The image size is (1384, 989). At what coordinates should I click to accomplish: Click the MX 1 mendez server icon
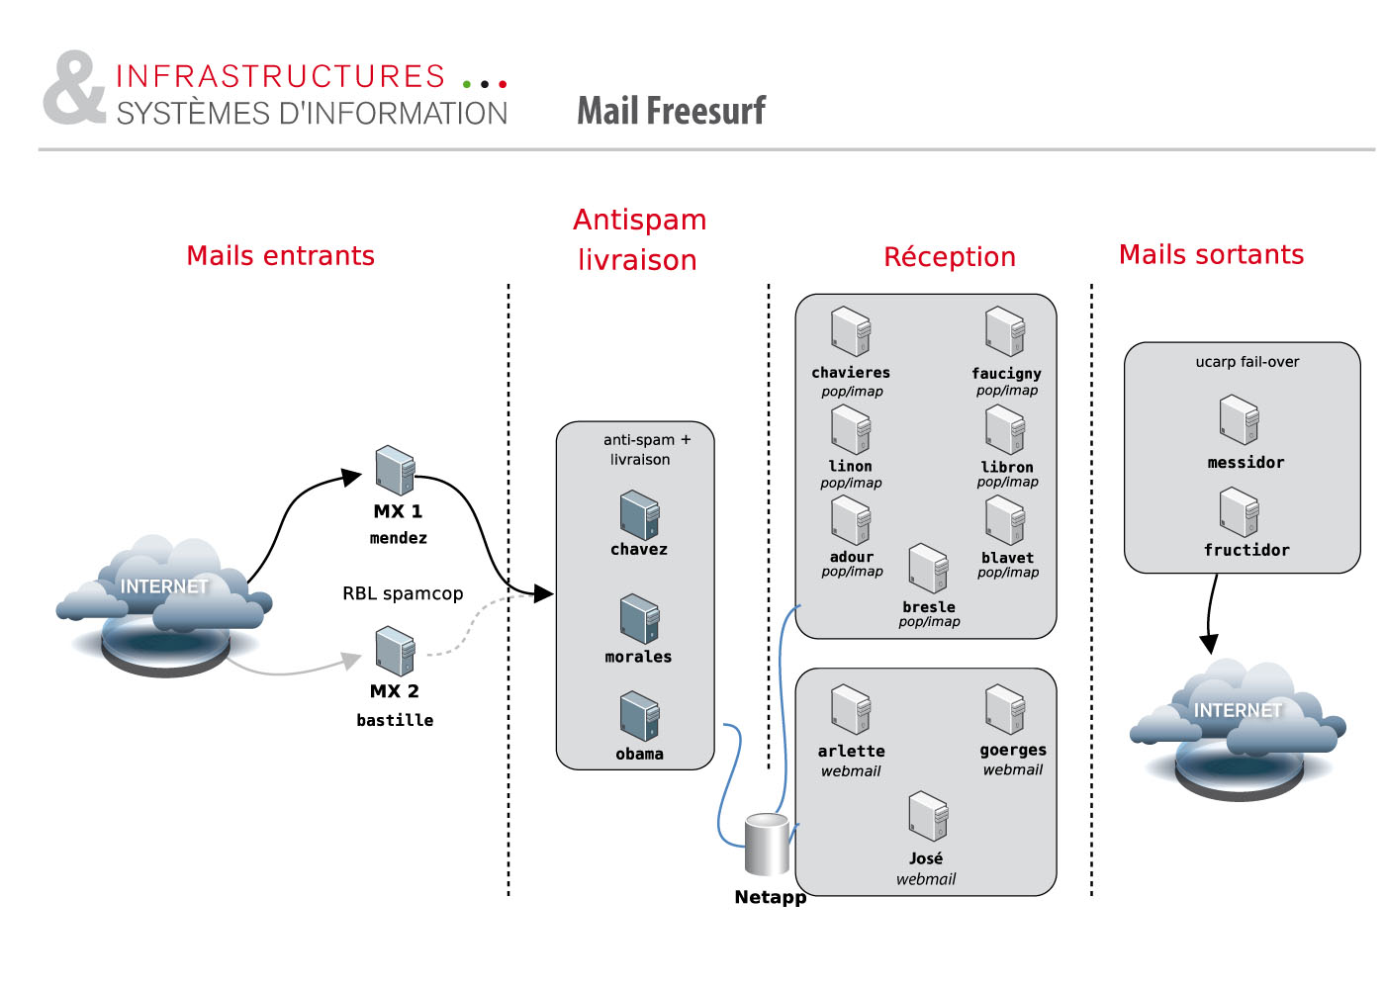[x=395, y=471]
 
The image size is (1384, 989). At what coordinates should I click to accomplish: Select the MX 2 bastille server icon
[x=395, y=652]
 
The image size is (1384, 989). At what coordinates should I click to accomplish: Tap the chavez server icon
[x=639, y=515]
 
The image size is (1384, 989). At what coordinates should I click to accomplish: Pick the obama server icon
[x=639, y=717]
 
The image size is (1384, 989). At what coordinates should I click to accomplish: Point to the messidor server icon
[x=1239, y=420]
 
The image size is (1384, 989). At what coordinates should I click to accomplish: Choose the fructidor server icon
[x=1239, y=512]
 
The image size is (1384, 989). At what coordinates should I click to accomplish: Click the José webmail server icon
[x=928, y=817]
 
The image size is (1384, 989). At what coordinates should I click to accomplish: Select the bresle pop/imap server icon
[x=928, y=568]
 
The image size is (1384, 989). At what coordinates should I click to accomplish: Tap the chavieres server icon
[x=851, y=331]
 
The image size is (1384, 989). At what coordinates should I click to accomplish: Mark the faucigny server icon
[x=1005, y=331]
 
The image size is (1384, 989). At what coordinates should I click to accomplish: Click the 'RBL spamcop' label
[x=403, y=593]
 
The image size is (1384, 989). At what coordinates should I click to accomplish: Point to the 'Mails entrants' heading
[x=281, y=256]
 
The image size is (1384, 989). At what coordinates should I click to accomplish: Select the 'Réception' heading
[x=950, y=257]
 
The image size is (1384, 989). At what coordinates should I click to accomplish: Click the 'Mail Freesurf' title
[x=671, y=111]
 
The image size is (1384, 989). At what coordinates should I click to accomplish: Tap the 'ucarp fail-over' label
[x=1246, y=362]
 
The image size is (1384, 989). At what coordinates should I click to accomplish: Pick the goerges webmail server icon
[x=1005, y=710]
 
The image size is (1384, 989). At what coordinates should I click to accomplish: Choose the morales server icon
[x=639, y=619]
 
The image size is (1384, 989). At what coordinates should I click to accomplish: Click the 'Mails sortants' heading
[x=1211, y=255]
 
